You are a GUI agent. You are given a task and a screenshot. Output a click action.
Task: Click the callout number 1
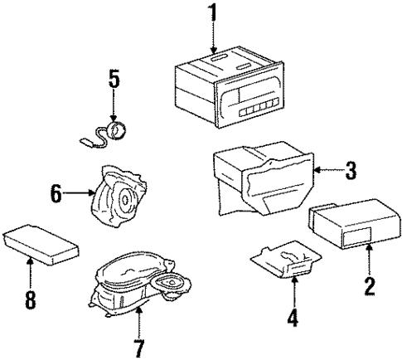point(212,14)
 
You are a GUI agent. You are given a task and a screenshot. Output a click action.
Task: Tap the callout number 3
point(351,172)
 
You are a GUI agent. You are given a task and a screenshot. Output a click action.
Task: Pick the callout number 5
point(114,80)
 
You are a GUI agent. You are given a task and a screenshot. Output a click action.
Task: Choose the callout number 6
point(56,196)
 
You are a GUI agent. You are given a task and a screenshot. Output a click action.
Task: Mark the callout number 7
point(138,343)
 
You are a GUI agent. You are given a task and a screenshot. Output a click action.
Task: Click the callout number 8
point(30,298)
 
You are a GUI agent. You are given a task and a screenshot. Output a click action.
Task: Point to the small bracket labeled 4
point(286,260)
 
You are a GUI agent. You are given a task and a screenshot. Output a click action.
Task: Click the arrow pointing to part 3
point(328,173)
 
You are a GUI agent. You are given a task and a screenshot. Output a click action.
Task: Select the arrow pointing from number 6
point(79,196)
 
